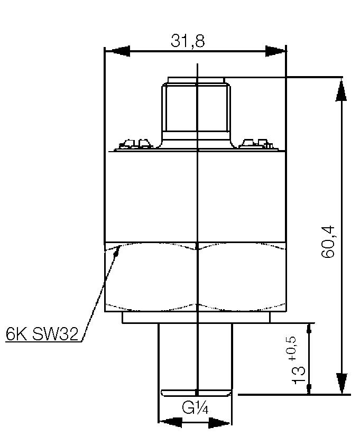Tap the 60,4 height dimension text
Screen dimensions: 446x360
coord(329,241)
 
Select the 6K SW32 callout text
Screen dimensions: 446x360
coord(42,334)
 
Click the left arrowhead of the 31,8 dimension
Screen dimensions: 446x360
coord(117,51)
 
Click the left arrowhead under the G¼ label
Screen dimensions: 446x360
coord(170,423)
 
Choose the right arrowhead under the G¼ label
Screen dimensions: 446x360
coord(220,423)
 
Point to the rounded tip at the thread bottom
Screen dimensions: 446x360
coord(196,392)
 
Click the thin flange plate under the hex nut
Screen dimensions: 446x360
coord(196,318)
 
